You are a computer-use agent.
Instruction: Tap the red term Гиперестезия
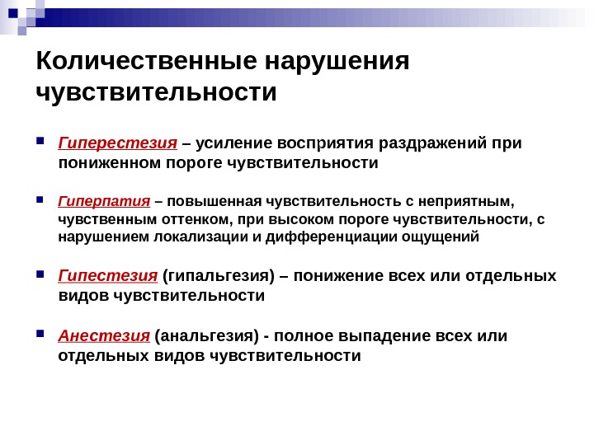click(118, 143)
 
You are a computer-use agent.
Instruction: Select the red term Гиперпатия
click(104, 201)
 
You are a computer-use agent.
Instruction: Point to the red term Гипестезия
click(107, 274)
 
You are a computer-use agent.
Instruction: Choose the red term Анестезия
click(104, 335)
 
